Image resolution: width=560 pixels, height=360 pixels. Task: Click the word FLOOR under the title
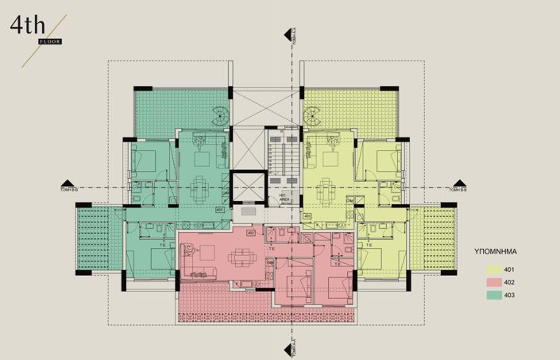coord(59,40)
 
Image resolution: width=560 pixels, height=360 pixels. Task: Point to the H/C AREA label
coord(282,197)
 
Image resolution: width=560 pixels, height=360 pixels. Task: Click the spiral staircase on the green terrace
coord(217,117)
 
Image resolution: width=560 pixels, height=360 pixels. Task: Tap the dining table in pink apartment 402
coord(241,257)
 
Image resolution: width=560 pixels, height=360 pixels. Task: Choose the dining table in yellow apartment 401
coord(326,191)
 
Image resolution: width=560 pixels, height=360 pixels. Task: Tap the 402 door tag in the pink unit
coord(251,233)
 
